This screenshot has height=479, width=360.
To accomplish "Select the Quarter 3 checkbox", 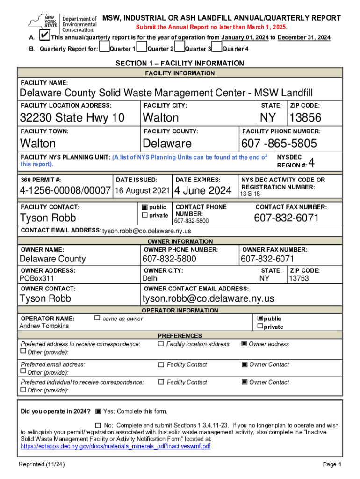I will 180,48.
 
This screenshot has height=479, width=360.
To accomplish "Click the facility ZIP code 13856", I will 305,117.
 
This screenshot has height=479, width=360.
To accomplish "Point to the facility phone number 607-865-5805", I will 279,143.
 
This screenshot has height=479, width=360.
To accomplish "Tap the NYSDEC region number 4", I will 312,163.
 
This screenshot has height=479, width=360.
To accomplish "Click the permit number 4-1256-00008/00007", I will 65,190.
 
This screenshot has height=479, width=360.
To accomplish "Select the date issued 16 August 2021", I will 142,190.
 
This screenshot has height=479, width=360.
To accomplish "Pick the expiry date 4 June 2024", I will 203,190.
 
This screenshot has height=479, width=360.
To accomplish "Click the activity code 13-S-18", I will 250,194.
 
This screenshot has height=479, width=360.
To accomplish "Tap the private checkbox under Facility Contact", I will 144,215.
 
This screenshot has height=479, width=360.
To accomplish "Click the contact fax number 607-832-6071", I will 286,218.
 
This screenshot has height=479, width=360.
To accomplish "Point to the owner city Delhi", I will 151,278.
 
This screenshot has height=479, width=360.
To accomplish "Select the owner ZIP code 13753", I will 298,278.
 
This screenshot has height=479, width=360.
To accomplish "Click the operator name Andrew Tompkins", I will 44,326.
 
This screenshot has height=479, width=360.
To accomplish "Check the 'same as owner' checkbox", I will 97,318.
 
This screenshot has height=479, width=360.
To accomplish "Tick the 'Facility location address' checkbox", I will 161,344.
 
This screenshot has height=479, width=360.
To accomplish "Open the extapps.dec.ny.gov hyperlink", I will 115,446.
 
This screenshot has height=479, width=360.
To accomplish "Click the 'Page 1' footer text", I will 332,464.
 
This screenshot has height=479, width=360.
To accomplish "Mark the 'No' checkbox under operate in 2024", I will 98,425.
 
